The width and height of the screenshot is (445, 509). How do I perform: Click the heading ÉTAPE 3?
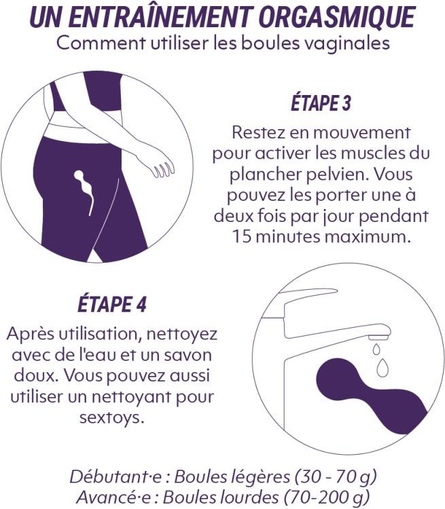point(321,104)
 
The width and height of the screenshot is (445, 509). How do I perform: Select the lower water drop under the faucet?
point(383,368)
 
